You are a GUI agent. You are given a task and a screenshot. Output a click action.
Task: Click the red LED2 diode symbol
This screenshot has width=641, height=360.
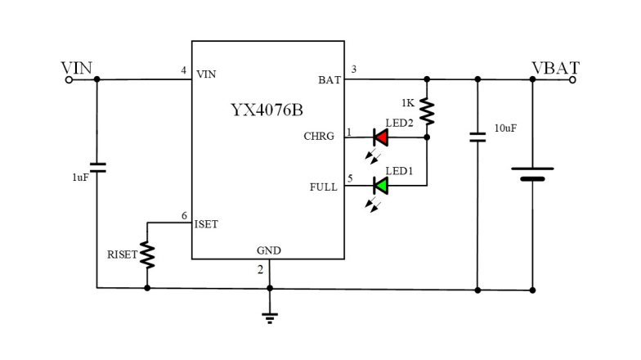click(380, 137)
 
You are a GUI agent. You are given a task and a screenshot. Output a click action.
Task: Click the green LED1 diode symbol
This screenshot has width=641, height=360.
click(380, 186)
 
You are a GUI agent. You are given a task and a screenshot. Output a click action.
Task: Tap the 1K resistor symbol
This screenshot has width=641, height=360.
click(427, 111)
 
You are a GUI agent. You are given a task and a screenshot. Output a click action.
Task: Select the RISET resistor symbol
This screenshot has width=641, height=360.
click(147, 254)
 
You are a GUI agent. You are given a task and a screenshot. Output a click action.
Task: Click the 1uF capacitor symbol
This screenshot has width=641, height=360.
click(97, 168)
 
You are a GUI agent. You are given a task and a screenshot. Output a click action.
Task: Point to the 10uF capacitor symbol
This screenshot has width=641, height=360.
click(477, 137)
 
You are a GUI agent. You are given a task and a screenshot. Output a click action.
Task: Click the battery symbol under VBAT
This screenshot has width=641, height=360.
click(532, 173)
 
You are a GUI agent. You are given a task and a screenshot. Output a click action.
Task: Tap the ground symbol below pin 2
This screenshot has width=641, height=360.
click(269, 317)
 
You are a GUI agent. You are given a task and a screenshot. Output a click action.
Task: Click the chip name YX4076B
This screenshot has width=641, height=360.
click(267, 110)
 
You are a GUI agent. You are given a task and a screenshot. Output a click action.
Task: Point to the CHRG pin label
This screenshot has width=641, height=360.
click(319, 137)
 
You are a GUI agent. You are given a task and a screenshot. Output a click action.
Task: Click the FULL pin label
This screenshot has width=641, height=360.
click(322, 187)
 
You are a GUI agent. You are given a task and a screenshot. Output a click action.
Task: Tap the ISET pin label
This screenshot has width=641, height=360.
click(206, 224)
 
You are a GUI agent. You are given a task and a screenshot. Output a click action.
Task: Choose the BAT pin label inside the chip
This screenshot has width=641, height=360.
click(329, 79)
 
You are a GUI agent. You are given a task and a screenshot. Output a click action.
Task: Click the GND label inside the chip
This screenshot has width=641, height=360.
click(268, 250)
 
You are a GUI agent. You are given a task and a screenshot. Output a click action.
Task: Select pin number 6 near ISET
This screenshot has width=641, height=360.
click(184, 215)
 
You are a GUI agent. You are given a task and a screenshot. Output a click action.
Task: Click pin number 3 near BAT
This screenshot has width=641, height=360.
click(353, 69)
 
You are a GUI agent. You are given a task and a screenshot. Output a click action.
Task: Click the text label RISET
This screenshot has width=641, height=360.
click(122, 255)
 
